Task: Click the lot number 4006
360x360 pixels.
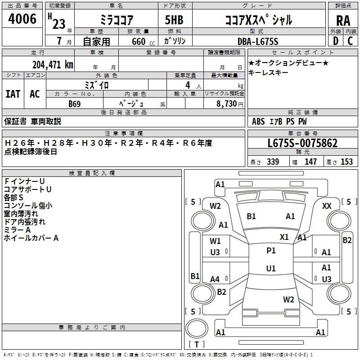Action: click(x=22, y=18)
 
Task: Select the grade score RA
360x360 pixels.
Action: click(x=343, y=21)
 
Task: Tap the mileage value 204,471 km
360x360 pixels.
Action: click(x=53, y=64)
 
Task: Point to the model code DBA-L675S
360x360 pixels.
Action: click(x=258, y=41)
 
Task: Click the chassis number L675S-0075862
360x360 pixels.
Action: click(x=302, y=143)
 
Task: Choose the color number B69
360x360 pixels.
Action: click(x=75, y=104)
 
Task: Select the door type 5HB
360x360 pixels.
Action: click(x=174, y=20)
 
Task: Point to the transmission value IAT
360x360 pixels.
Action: click(x=13, y=94)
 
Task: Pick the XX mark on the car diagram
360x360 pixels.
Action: click(x=327, y=206)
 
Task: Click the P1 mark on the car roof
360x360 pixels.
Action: click(x=271, y=251)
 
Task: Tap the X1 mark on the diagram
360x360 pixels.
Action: click(x=284, y=237)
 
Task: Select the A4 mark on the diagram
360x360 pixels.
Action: click(x=215, y=279)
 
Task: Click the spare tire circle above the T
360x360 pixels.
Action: click(x=197, y=328)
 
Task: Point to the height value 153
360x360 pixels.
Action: click(x=346, y=162)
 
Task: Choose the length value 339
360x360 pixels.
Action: click(x=273, y=162)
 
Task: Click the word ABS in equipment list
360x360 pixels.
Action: click(x=258, y=121)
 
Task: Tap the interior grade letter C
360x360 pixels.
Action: click(x=350, y=41)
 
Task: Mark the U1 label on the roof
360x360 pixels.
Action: click(x=271, y=268)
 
